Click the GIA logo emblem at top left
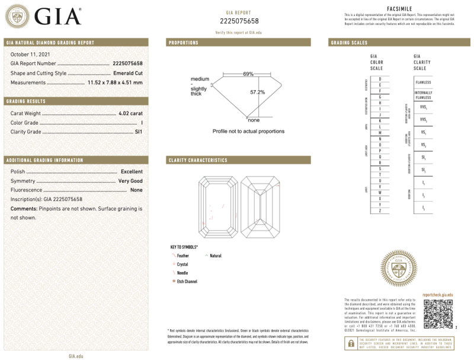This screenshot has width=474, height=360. [x=18, y=16]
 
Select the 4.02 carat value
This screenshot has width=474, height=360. [x=130, y=113]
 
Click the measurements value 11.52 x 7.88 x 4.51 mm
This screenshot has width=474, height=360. [x=115, y=82]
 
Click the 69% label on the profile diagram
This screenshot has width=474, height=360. [x=248, y=74]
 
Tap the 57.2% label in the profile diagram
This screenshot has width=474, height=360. [x=257, y=92]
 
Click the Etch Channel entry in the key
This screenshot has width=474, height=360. [x=187, y=281]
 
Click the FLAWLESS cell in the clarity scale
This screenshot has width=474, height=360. [x=424, y=82]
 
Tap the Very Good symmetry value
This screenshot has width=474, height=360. [x=130, y=180]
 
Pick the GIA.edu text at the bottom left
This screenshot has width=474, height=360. [x=75, y=355]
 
